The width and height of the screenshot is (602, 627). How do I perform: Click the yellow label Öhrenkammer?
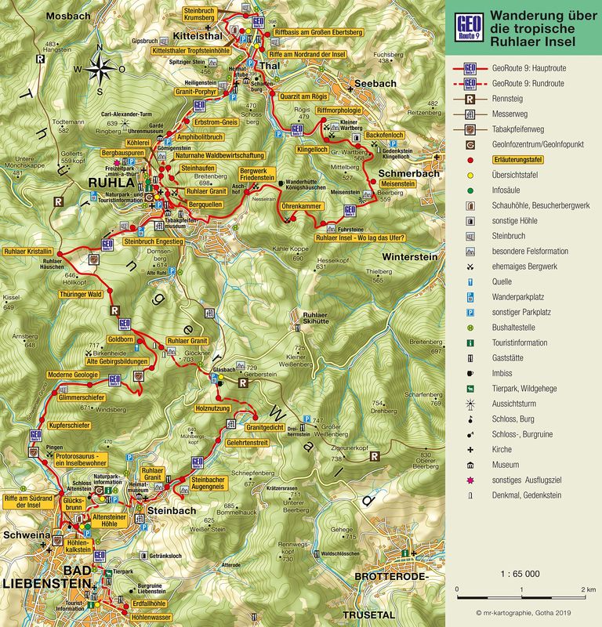pos(301,205)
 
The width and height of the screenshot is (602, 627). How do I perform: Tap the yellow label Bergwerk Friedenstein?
pos(257,174)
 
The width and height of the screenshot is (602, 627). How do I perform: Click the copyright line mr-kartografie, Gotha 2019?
pos(528,612)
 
